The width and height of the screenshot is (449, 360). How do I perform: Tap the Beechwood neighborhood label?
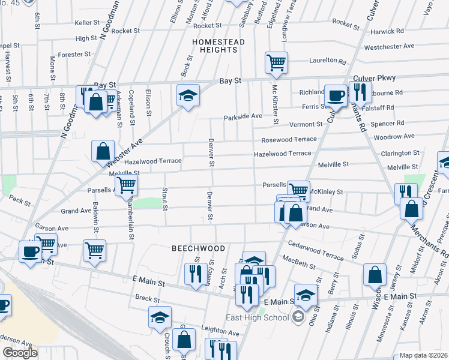click(198, 248)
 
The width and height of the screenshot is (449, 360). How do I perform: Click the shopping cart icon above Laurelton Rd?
click(276, 62)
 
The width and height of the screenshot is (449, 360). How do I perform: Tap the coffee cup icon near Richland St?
click(336, 95)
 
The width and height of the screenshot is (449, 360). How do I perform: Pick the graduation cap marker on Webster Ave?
click(188, 95)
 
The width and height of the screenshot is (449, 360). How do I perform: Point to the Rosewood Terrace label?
click(288, 139)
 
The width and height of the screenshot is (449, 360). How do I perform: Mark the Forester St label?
click(74, 54)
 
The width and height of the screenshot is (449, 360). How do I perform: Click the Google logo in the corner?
click(20, 352)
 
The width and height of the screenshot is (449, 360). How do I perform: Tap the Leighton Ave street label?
click(220, 333)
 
